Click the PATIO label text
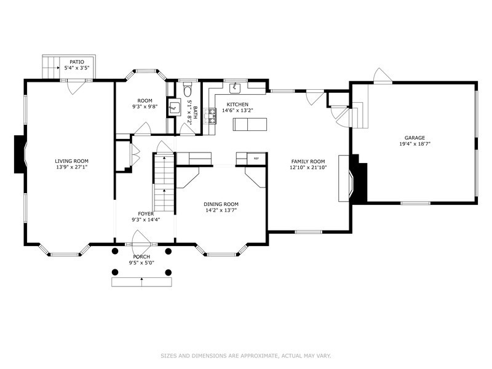pos(76,61)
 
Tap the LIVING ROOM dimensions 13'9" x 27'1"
pos(72,166)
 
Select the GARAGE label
pos(414,138)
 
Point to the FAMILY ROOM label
pos(307,161)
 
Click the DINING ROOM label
pos(221,204)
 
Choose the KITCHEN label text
pos(237,105)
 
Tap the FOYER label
pos(146,213)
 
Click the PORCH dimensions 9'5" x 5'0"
pos(141,263)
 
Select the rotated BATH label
pos(196,112)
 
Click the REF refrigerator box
pos(256,159)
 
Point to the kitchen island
pos(251,125)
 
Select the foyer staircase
pos(164,182)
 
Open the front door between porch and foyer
pos(141,239)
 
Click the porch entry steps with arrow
pos(141,282)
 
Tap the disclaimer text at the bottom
pos(246,355)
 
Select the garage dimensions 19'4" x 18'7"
pos(414,145)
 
